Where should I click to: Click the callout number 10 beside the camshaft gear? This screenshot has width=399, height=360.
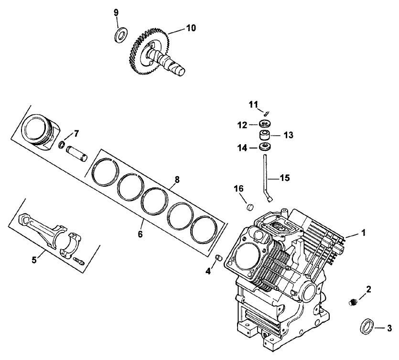[190, 28]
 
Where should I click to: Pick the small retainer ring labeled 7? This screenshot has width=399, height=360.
[63, 144]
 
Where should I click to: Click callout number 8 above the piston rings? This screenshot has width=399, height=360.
[177, 180]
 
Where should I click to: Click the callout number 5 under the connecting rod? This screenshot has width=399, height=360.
[34, 260]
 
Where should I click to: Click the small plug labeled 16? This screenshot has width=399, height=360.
[248, 206]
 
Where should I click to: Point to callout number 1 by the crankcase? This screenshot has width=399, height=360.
[363, 233]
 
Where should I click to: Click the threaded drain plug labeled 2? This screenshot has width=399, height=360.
[353, 301]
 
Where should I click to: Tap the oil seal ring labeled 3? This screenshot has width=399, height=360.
[367, 328]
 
